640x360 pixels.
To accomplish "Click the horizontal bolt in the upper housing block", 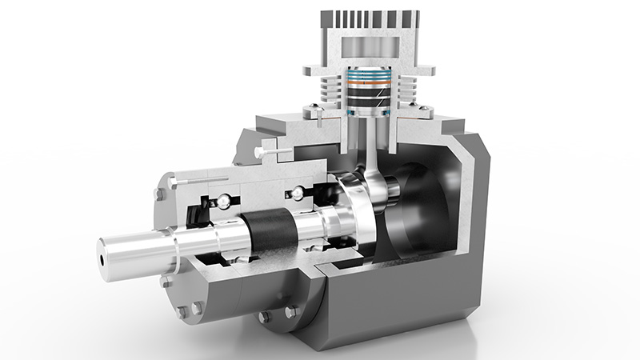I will point(277,149).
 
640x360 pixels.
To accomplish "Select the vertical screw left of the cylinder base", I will point(319,117).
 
